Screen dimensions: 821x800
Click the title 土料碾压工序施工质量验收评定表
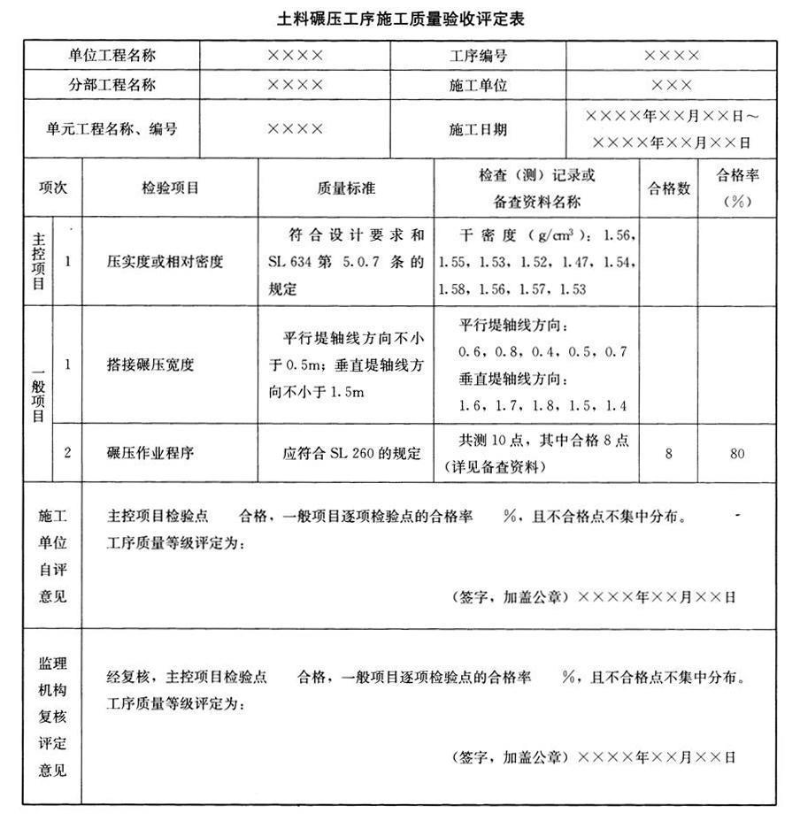click(400, 19)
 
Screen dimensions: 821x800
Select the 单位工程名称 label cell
click(112, 55)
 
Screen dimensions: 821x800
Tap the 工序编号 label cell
click(478, 55)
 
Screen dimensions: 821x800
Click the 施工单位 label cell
click(478, 86)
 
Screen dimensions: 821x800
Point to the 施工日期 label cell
click(478, 129)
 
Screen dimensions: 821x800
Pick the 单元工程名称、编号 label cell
click(112, 129)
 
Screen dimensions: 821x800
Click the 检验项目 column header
click(170, 188)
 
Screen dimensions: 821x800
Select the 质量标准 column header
click(346, 188)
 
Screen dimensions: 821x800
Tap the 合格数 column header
click(669, 188)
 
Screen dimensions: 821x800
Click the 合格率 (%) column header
click(737, 188)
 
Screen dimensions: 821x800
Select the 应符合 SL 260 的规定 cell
click(346, 453)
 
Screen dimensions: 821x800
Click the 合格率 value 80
click(737, 453)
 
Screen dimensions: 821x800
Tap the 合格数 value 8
click(669, 453)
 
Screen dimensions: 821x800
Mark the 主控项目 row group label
click(38, 262)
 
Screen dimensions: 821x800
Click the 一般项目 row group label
click(38, 393)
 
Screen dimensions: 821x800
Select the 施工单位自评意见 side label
click(52, 556)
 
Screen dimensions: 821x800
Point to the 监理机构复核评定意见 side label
click(52, 716)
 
